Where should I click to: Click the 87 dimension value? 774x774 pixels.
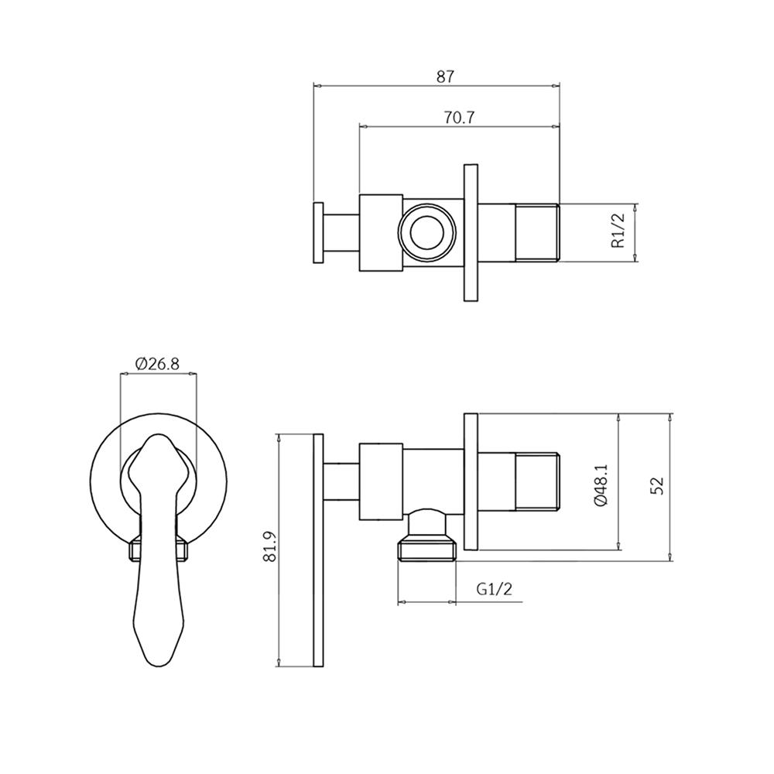pos(445,76)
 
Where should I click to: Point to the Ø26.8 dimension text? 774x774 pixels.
pos(159,363)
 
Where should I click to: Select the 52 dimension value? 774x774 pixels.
pos(657,485)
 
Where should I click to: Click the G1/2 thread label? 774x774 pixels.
pos(494,590)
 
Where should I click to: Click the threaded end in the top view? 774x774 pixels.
pos(537,233)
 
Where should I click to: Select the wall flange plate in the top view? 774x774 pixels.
pos(471,233)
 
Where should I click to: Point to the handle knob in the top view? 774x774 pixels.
pos(318,233)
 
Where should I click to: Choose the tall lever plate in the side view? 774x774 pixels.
pos(318,550)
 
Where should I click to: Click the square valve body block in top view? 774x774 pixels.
pos(382,233)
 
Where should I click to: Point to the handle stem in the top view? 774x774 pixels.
pos(342,233)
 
